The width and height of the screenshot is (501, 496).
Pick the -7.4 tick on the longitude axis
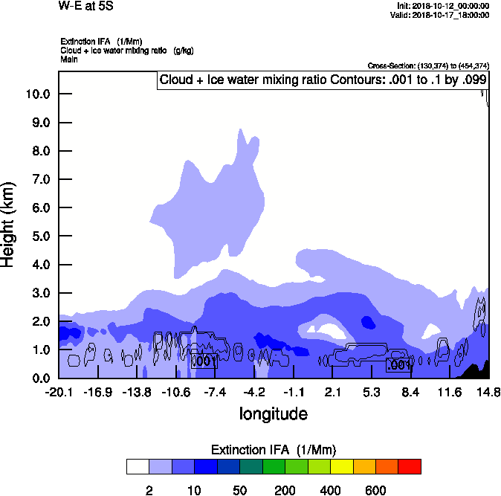(x=216, y=392)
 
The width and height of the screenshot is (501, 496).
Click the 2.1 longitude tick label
(x=333, y=392)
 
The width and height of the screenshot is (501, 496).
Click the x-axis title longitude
(x=273, y=413)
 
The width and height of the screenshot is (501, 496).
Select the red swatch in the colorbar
(x=410, y=466)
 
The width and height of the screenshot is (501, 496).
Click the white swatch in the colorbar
(x=138, y=466)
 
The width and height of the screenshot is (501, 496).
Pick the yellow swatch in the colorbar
(x=341, y=466)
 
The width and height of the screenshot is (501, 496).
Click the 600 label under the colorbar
(x=375, y=490)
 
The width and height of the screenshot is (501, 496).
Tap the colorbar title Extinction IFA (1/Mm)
(x=274, y=450)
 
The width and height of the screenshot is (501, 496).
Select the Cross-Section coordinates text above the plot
(x=428, y=65)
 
